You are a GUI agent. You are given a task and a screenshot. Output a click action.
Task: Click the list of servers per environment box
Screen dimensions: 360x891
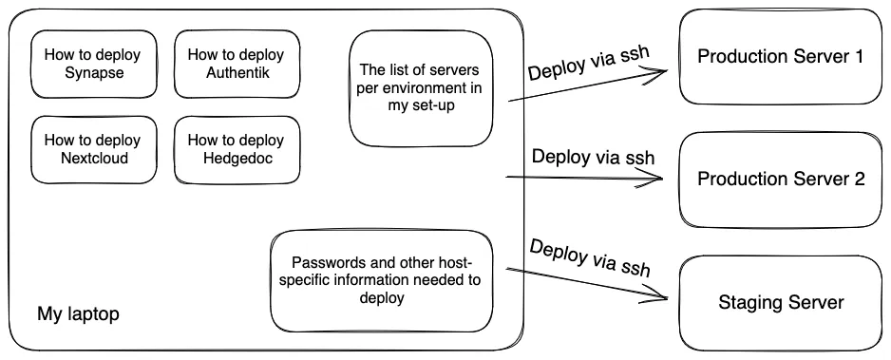[x=421, y=88]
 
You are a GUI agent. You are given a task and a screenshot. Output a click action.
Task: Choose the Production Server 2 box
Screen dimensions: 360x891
[x=781, y=179]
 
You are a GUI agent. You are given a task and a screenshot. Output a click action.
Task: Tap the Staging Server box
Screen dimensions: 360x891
[x=781, y=303]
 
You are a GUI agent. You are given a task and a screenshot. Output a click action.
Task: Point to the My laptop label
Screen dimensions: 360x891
[x=78, y=313]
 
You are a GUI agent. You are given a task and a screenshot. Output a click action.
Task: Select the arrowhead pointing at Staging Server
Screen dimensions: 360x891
[x=670, y=299]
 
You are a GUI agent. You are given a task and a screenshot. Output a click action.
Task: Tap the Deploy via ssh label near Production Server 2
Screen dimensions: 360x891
[x=593, y=157]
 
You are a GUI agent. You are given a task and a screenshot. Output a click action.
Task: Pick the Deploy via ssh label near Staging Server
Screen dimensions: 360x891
[x=589, y=257]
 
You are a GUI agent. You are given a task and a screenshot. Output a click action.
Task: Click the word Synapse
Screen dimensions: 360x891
[x=92, y=74]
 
